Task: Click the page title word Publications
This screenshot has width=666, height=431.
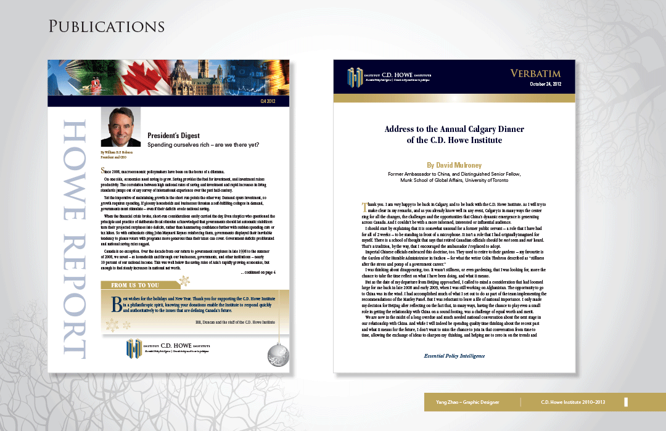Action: coord(107,27)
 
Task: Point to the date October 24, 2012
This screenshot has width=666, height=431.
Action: coord(546,84)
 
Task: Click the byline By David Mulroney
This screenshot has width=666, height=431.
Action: coord(454,165)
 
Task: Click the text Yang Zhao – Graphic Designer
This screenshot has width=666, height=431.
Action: coord(464,402)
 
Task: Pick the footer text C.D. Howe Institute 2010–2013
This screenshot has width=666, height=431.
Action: coord(573,402)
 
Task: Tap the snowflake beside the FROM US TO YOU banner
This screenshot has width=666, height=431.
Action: coord(183,282)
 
